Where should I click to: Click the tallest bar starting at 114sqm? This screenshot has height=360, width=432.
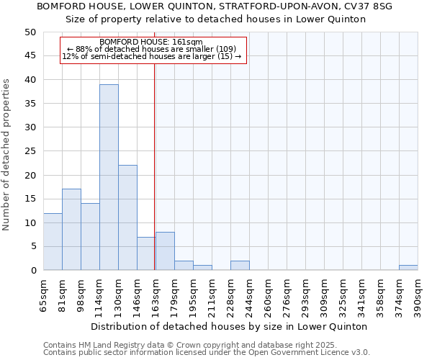(109, 177)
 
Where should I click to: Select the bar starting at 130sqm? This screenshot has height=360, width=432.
(127, 217)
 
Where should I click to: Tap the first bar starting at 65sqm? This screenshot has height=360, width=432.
(53, 241)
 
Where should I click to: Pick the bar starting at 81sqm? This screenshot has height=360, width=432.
(71, 230)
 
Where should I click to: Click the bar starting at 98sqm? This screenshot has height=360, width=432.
(90, 237)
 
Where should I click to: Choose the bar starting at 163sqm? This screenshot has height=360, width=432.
(165, 251)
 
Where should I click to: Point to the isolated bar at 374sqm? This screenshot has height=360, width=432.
(408, 268)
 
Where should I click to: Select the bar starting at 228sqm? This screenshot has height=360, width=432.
(240, 266)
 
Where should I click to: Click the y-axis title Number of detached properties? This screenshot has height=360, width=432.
(7, 155)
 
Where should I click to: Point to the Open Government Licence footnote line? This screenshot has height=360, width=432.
(207, 353)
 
